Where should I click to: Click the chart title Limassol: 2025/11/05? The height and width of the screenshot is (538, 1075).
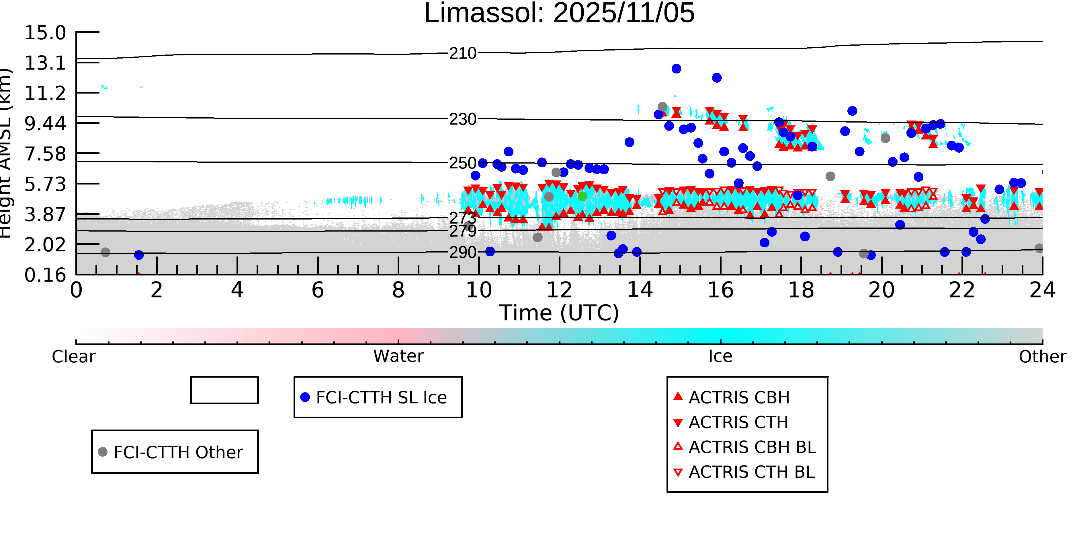(559, 13)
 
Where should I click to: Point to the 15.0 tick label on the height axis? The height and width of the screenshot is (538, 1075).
(45, 33)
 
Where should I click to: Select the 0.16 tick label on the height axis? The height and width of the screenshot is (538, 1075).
(45, 275)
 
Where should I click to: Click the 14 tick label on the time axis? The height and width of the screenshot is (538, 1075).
(640, 290)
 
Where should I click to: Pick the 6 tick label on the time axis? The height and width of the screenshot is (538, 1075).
(318, 290)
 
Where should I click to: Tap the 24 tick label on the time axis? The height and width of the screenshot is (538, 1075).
(1042, 290)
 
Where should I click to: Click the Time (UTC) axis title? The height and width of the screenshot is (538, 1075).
(559, 313)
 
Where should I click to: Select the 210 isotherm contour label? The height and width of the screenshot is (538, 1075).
(462, 53)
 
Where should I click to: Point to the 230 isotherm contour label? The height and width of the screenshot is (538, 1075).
(462, 119)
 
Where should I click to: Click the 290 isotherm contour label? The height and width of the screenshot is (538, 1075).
(462, 252)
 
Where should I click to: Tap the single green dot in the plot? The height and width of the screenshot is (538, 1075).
(582, 196)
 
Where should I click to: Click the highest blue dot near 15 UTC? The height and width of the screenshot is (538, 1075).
(677, 69)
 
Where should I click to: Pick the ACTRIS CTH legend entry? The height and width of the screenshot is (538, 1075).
(738, 422)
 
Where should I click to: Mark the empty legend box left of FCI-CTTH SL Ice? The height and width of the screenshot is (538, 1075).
(224, 390)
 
